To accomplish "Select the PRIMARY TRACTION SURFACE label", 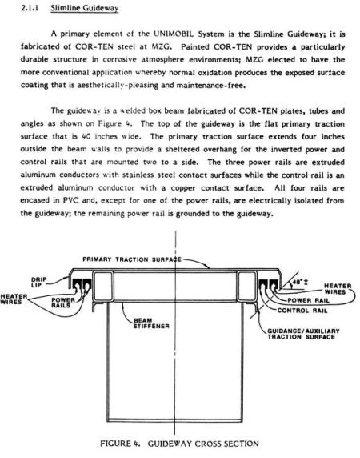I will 133,259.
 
